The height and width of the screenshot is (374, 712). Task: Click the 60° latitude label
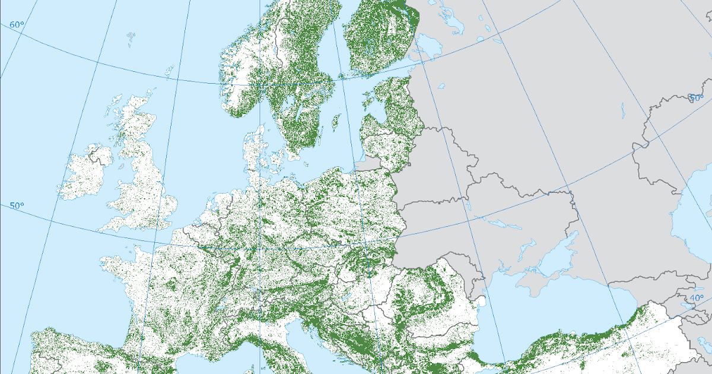(x=17, y=25)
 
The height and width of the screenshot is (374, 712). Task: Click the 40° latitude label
(x=696, y=297)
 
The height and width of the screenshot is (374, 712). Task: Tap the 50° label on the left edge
(x=17, y=206)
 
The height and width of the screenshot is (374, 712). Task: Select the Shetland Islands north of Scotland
(x=170, y=71)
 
